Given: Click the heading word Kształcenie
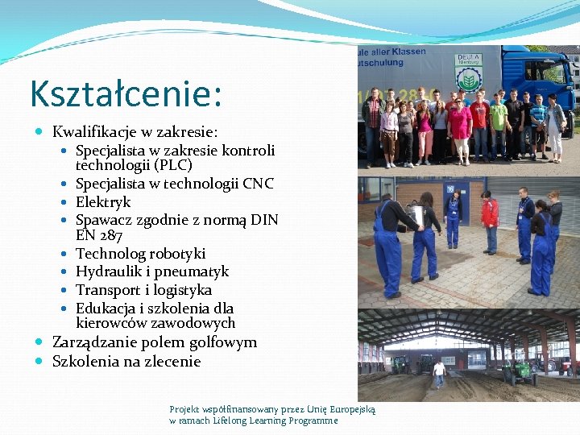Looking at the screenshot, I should pyautogui.click(x=125, y=93).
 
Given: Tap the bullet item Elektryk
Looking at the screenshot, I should pyautogui.click(x=103, y=202).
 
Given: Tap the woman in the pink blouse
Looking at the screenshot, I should pyautogui.click(x=459, y=127).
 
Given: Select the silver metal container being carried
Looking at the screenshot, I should pyautogui.click(x=416, y=216).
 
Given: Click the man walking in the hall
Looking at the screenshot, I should pyautogui.click(x=438, y=373).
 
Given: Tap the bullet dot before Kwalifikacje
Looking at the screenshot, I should pyautogui.click(x=41, y=131).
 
